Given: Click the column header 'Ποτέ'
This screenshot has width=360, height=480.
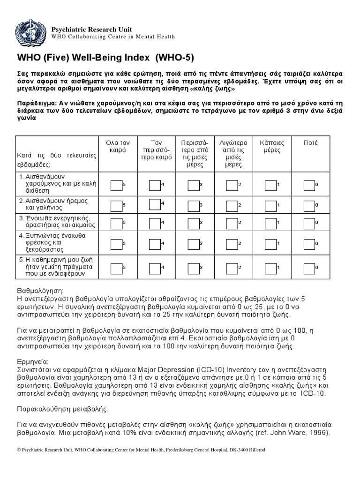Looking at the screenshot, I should [310, 142].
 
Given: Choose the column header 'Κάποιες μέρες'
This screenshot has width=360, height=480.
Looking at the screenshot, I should [272, 147].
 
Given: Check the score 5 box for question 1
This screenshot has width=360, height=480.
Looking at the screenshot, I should [116, 186].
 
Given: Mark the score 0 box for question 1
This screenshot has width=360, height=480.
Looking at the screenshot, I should [309, 186].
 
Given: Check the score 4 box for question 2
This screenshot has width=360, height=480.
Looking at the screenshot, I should [154, 204].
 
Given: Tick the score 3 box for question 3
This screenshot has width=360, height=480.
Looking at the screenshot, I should [193, 223].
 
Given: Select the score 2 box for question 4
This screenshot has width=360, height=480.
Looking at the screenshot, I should [231, 244].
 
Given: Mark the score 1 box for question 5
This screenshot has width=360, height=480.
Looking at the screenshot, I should [270, 268].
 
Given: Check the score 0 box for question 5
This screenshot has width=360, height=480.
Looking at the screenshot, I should [309, 268].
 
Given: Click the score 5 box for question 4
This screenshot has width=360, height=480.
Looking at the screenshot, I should [116, 244].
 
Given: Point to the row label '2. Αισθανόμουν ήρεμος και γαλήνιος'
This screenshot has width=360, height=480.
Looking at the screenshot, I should [54, 204].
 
